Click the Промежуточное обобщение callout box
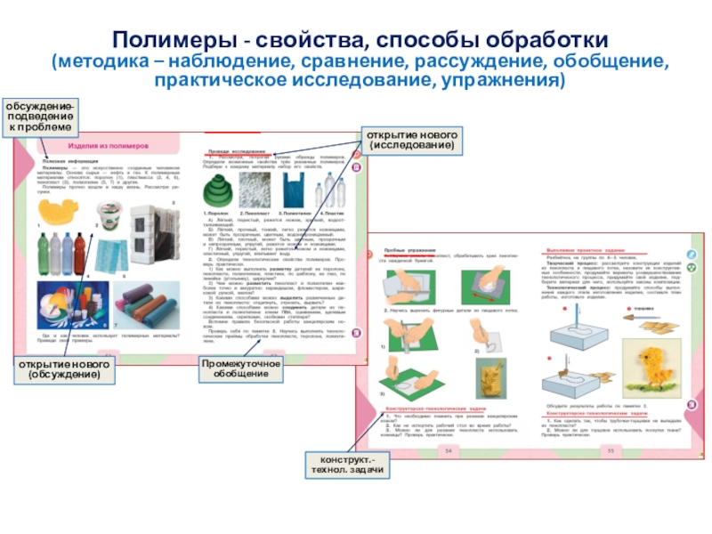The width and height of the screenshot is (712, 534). point(241,369)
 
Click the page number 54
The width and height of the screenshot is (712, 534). point(449,451)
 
